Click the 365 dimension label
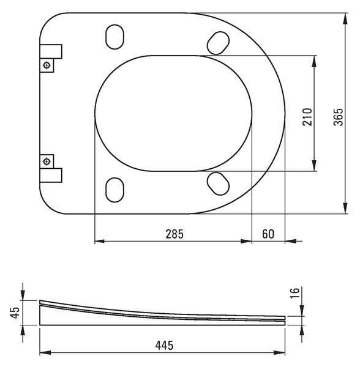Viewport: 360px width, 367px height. [x=338, y=117]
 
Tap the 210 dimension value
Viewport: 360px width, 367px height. [x=307, y=117]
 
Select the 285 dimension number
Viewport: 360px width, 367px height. [x=174, y=234]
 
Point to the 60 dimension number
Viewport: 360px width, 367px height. [x=268, y=234]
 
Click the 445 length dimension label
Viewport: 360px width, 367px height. [x=164, y=346]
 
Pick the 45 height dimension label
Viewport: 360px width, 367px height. [x=15, y=313]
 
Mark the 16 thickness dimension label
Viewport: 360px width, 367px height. [x=295, y=292]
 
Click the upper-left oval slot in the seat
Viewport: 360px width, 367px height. [x=114, y=37]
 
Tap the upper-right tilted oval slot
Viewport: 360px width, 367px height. [x=219, y=43]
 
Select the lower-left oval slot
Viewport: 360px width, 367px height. [x=114, y=190]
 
